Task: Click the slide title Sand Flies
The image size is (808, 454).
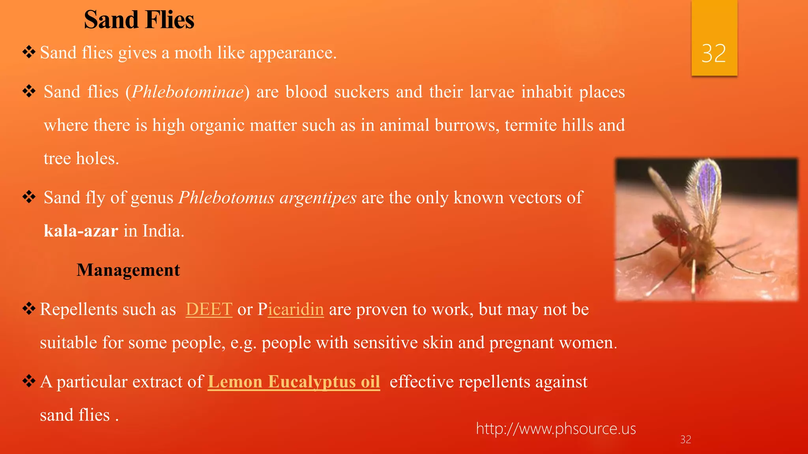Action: coord(139,20)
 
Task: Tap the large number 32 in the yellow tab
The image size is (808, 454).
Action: coord(714,54)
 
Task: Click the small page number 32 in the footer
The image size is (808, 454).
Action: coord(686,439)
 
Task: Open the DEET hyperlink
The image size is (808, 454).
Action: coord(209,309)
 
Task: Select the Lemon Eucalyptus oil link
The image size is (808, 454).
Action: coord(294,382)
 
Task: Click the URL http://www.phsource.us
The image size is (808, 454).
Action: coord(556,429)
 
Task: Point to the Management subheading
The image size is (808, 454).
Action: coord(128,270)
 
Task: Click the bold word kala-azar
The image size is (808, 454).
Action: coord(81,231)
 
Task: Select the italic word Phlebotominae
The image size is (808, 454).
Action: coord(188,92)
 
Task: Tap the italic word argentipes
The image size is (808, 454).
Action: coord(318,197)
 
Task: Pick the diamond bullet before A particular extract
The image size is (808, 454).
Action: coord(29,381)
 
